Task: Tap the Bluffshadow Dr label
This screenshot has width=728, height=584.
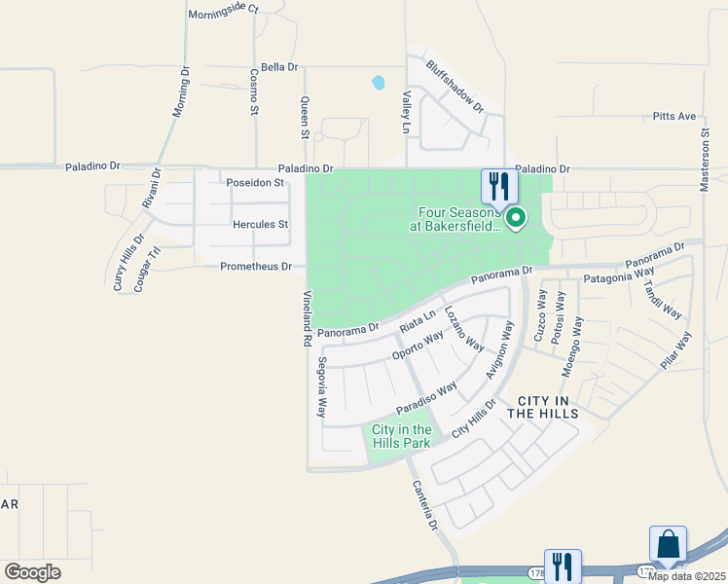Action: point(455,87)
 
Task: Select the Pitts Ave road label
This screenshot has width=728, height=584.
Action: point(674,117)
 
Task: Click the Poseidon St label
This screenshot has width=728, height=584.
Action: point(254,182)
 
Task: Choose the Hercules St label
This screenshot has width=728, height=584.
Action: point(261,224)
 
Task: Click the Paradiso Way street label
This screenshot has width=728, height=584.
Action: point(426,398)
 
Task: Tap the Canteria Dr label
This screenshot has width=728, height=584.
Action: point(424,506)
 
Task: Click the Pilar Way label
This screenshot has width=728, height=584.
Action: point(674,350)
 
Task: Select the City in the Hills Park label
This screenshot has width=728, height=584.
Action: point(402,436)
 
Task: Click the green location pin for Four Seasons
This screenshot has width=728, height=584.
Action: point(515,219)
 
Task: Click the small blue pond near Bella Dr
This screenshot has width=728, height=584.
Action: point(378,84)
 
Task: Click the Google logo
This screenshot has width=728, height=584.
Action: point(33,571)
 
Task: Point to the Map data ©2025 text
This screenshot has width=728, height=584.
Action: point(685,575)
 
